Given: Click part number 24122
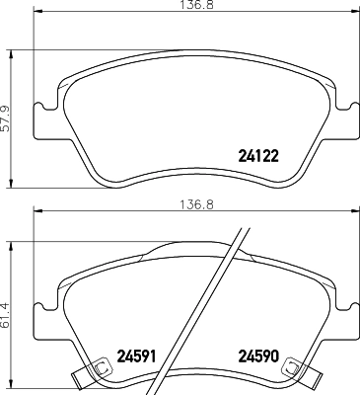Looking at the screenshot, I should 258,154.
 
